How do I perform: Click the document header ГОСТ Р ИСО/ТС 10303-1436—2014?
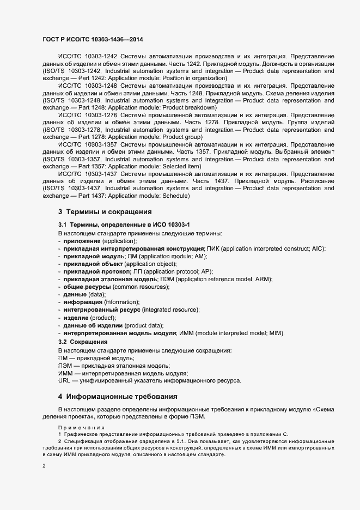tap(93, 40)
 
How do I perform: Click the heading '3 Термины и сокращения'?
tap(105, 211)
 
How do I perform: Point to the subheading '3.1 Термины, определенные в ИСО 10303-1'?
tap(124, 225)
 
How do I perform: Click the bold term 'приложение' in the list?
tap(82, 241)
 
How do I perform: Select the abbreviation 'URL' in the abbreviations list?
tap(65, 381)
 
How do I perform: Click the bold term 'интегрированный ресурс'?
tap(102, 309)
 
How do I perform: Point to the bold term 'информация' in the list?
tap(83, 302)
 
